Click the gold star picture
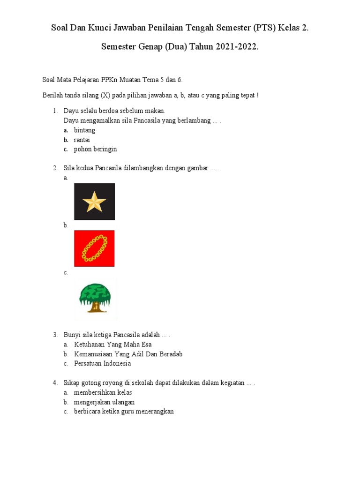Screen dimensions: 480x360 pyautogui.click(x=94, y=202)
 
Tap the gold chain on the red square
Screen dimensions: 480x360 pyautogui.click(x=94, y=248)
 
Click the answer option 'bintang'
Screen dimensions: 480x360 pyautogui.click(x=84, y=130)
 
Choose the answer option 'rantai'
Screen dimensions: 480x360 pyautogui.click(x=82, y=140)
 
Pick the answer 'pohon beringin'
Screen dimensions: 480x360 pyautogui.click(x=95, y=149)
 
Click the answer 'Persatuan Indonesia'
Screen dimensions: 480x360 pyautogui.click(x=102, y=363)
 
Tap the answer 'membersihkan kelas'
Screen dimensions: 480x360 pyautogui.click(x=103, y=392)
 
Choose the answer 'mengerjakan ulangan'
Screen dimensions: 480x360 pyautogui.click(x=104, y=402)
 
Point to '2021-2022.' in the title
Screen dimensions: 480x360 pyautogui.click(x=237, y=48)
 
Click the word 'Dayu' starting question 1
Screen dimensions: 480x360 pyautogui.click(x=71, y=111)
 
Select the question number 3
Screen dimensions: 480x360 pyautogui.click(x=55, y=335)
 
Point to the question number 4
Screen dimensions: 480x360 pyautogui.click(x=55, y=383)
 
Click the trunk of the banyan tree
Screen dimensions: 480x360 pyautogui.click(x=95, y=307)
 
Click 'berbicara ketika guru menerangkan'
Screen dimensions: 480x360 pyautogui.click(x=124, y=412)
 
